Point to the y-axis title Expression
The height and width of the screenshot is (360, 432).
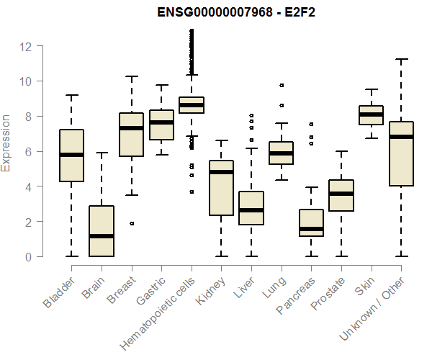point(6,142)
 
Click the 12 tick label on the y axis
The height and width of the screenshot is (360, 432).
point(26,46)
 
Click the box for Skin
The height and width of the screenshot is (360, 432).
point(371,115)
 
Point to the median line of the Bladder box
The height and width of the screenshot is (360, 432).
point(71,155)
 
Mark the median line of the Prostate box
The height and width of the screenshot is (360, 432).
point(341,194)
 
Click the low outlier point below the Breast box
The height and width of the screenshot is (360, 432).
point(132,223)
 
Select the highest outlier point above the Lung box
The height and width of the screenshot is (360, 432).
point(282,85)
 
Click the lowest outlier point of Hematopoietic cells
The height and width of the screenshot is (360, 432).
point(192,192)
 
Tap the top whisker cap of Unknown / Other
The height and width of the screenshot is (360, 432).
point(401,59)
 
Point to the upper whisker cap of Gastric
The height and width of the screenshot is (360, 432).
point(161,85)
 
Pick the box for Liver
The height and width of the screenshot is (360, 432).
point(251,208)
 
